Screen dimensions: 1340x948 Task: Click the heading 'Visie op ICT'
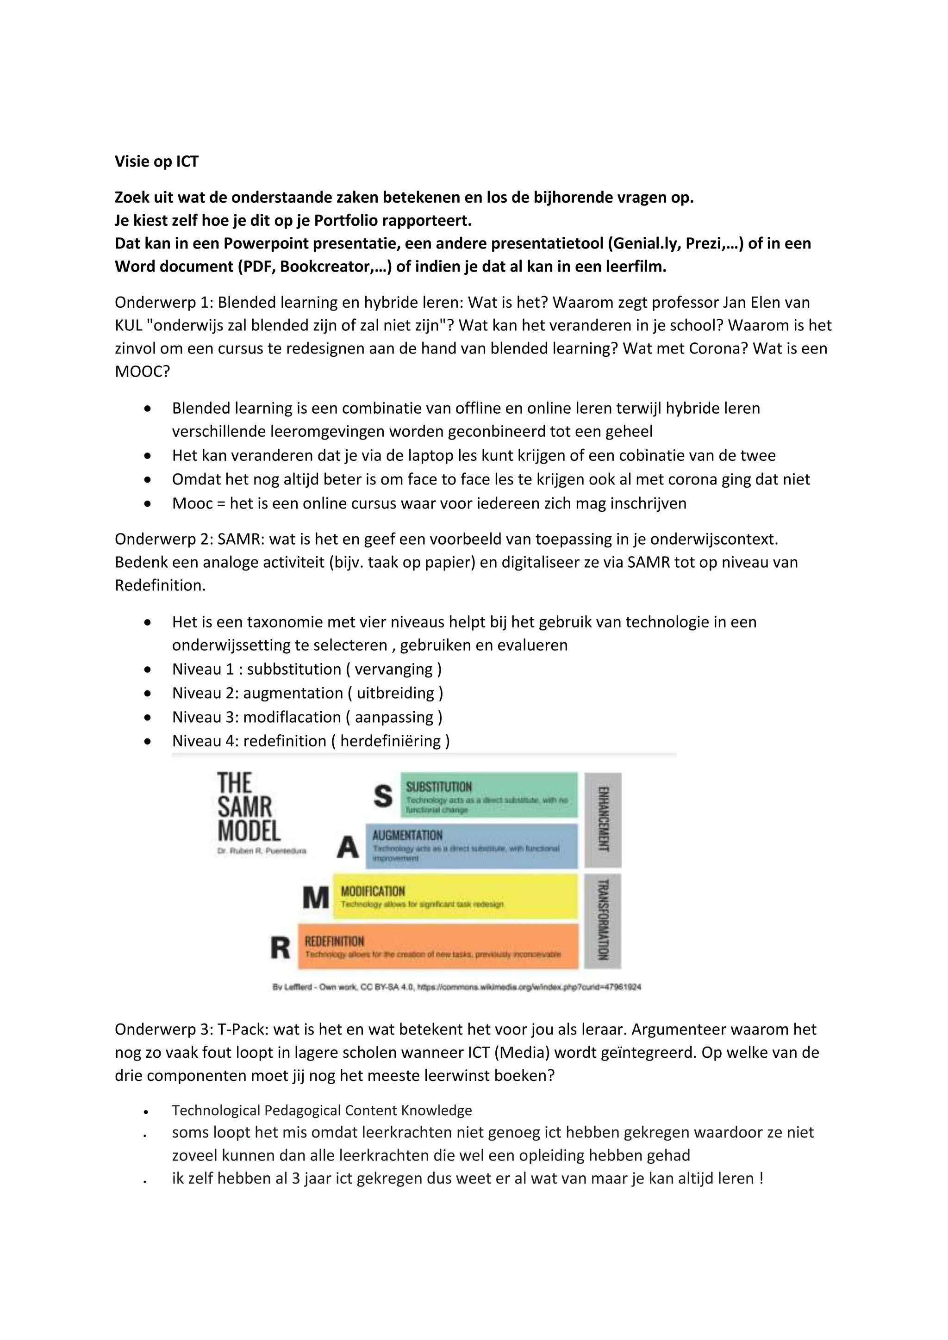pyautogui.click(x=156, y=161)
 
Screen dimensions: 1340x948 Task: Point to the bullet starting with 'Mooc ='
pyautogui.click(x=429, y=503)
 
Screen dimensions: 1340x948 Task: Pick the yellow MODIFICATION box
pyautogui.click(x=455, y=896)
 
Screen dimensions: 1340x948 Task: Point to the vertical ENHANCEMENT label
pyautogui.click(x=603, y=819)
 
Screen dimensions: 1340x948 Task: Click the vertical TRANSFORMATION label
pyautogui.click(x=603, y=920)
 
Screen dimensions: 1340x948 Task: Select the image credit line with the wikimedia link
pyautogui.click(x=456, y=987)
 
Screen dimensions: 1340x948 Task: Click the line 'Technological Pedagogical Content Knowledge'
pyautogui.click(x=322, y=1110)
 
